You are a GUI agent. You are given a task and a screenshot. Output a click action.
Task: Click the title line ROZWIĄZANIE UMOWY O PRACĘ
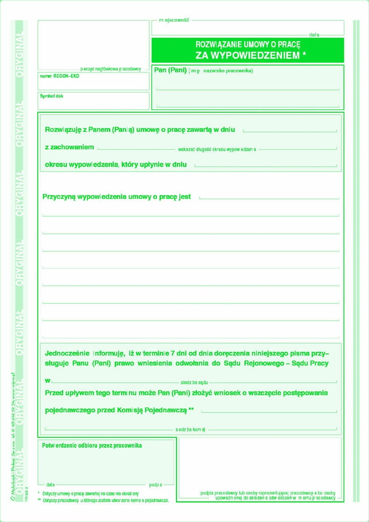coord(248,45)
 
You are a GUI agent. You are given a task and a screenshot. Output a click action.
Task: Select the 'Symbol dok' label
coord(51,96)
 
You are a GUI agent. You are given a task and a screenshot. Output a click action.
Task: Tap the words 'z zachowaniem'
coord(69,147)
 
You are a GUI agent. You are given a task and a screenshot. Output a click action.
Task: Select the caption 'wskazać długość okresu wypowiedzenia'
coord(217,150)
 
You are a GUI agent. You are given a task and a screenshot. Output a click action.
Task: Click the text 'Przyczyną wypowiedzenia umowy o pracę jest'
coord(117,197)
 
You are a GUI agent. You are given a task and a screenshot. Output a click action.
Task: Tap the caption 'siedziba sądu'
coord(194,382)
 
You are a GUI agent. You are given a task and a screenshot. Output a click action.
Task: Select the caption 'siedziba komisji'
coord(191,429)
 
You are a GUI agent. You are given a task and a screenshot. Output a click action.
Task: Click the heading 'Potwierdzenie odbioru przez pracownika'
coord(92,445)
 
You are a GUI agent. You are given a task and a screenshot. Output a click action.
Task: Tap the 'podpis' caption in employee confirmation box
coord(156,485)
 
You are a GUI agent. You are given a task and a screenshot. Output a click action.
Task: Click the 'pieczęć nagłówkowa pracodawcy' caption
coord(111,69)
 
